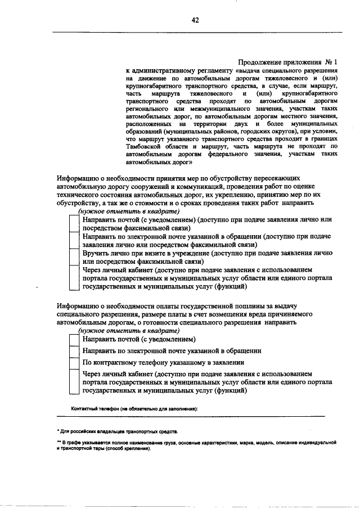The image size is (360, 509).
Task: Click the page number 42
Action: coord(195,20)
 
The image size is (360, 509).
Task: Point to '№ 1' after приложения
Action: coord(331,62)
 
